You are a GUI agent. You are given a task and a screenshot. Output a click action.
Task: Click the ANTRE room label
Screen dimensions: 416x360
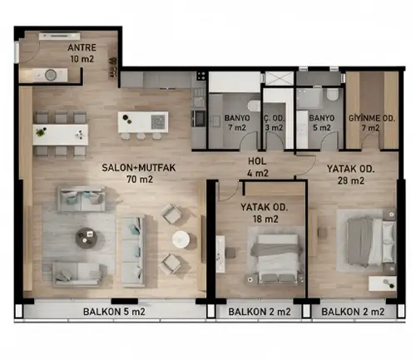tap(82, 47)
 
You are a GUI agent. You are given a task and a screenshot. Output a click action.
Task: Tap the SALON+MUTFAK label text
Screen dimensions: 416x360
tap(139, 168)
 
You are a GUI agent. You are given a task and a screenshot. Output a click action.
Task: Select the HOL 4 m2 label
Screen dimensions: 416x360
tap(258, 167)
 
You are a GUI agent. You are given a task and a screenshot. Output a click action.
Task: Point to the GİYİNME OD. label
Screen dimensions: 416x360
tap(372, 118)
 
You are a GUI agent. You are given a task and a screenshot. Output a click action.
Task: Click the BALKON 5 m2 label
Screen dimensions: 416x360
tap(114, 312)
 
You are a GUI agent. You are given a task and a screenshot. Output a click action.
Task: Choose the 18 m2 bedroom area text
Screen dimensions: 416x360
tap(265, 219)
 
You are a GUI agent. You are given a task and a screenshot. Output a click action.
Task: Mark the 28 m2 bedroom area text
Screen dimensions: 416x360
tap(351, 180)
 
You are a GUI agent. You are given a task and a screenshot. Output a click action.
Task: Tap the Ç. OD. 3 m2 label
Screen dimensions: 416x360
tap(275, 123)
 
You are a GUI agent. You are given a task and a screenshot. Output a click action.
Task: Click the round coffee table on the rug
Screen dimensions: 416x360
tap(87, 238)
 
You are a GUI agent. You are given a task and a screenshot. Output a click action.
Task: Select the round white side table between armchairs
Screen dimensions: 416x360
tap(181, 239)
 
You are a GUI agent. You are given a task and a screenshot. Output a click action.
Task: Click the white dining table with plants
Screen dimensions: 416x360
tap(60, 135)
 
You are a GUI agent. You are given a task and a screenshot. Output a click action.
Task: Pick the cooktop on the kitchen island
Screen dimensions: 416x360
tap(158, 122)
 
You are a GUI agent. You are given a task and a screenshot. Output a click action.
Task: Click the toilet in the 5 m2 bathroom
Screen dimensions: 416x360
tap(332, 95)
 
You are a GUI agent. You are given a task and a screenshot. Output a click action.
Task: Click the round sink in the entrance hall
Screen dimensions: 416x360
tap(51, 75)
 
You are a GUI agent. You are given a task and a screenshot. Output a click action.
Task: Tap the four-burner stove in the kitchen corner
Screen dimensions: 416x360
tap(201, 76)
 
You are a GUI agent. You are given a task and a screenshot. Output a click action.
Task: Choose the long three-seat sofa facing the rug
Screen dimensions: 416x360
tap(133, 252)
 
